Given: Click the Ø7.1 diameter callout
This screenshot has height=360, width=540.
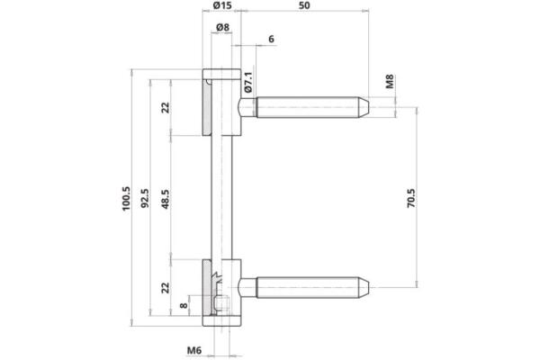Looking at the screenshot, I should coord(247,84).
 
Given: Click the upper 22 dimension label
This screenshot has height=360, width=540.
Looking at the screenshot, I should coord(166,108).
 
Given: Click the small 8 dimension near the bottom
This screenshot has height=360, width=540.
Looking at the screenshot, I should coord(185,306).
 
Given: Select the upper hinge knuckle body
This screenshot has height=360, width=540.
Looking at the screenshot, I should coord(220,103).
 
